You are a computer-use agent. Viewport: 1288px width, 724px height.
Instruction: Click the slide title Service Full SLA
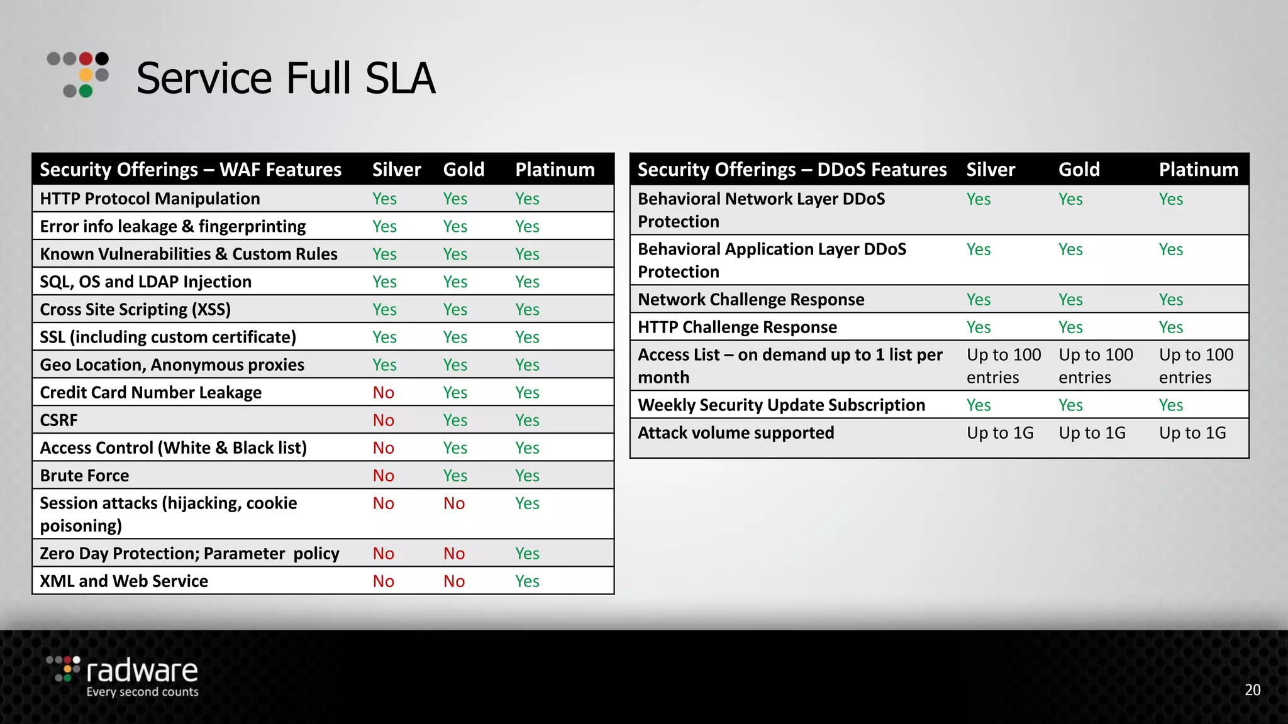(x=286, y=79)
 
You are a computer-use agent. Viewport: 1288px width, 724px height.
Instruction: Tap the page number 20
(x=1252, y=690)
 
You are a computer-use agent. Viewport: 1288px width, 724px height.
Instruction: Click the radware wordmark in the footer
(x=142, y=671)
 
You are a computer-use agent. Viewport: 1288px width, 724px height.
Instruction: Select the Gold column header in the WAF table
(x=464, y=170)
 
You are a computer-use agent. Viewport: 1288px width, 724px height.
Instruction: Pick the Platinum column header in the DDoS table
(x=1198, y=170)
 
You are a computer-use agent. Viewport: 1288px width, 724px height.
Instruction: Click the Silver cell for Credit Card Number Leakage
(x=383, y=393)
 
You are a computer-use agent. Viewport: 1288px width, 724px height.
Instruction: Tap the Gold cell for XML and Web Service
(x=454, y=581)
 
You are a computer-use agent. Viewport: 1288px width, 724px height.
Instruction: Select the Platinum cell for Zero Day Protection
(x=527, y=554)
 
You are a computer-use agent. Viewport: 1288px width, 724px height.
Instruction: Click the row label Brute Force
(x=84, y=476)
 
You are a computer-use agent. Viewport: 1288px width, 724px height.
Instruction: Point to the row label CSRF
(x=59, y=420)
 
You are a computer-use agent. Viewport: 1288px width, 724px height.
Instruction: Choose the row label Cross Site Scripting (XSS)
(x=135, y=310)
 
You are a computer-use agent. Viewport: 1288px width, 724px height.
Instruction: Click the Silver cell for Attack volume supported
(x=1000, y=433)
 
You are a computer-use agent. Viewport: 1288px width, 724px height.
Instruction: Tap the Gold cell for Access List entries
(x=1096, y=366)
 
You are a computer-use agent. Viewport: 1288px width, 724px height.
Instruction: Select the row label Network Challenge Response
(x=751, y=300)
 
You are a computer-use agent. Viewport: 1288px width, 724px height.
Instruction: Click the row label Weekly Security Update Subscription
(x=781, y=405)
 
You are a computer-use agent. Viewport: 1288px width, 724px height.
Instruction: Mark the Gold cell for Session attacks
(x=454, y=503)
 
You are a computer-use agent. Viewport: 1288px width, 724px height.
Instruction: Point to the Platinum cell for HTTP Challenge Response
(x=1171, y=327)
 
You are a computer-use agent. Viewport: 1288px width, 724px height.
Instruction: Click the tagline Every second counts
(x=142, y=692)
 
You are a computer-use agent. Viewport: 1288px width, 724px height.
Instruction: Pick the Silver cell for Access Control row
(x=383, y=448)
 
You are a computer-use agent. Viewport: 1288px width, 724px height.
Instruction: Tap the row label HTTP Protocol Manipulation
(x=150, y=199)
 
